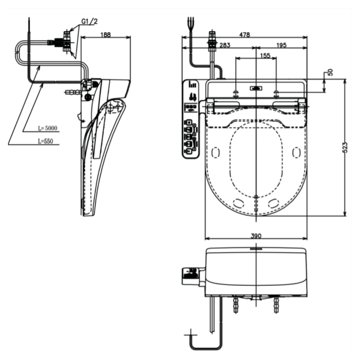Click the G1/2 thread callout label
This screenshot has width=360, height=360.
tap(90, 22)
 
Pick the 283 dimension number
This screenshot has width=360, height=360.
tap(225, 45)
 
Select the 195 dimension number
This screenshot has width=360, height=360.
tap(281, 45)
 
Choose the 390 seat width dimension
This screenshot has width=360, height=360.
tap(256, 236)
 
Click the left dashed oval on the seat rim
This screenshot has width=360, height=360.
tap(216, 153)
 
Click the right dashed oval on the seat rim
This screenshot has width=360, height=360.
tap(296, 153)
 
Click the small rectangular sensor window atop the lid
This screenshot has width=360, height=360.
tap(256, 88)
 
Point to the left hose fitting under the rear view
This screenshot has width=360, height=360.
tap(236, 304)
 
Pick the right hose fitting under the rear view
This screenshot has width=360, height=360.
tap(276, 304)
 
